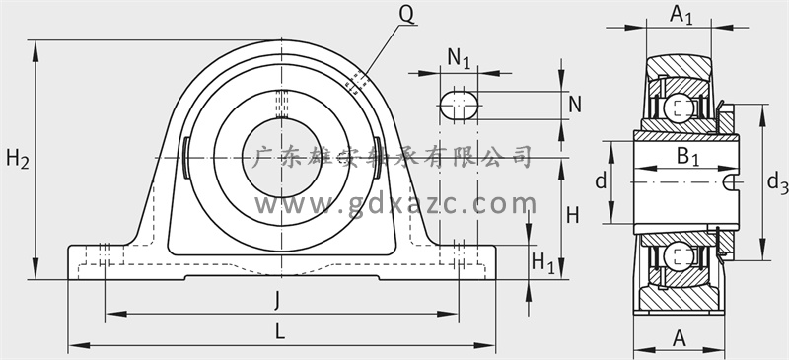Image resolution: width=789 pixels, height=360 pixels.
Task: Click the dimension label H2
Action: coord(18,160)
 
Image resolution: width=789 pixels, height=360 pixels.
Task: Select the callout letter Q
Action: coord(406,16)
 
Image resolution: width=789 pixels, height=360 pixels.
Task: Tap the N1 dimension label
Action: coord(459,58)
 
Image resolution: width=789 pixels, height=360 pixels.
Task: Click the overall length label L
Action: coord(280,331)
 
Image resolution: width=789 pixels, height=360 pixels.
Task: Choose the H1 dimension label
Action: coord(543,262)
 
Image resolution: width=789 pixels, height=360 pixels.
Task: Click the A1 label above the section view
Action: coord(681,15)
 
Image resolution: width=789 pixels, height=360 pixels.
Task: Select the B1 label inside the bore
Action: coord(687,156)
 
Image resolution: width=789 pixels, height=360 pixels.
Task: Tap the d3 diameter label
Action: coord(777,181)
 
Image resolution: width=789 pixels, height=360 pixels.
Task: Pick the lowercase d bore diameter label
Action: coord(601,180)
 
